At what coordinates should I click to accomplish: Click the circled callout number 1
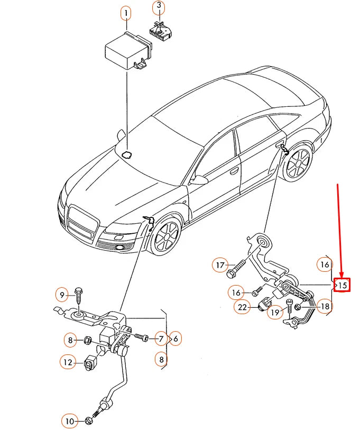click(x=126, y=12)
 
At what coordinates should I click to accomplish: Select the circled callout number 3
click(x=159, y=7)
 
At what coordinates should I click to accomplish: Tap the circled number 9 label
click(x=62, y=294)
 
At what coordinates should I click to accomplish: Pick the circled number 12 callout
click(x=67, y=362)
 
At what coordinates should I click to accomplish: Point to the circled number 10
click(x=69, y=421)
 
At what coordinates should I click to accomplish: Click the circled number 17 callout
click(x=220, y=264)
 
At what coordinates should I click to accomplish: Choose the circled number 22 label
click(x=243, y=307)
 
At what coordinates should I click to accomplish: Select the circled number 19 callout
click(x=274, y=313)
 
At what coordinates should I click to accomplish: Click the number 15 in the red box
click(x=343, y=285)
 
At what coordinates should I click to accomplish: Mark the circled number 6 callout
click(x=175, y=338)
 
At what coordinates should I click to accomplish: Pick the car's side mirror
click(x=199, y=179)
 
